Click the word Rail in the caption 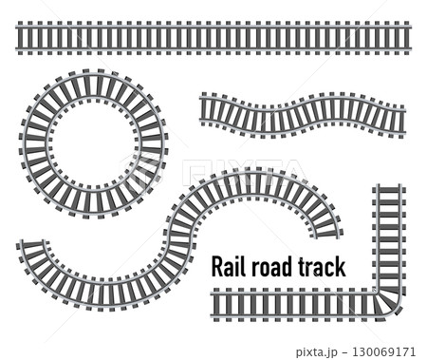[x=227, y=266]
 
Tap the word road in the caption [x=269, y=266]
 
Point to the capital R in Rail [x=216, y=266]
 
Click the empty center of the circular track [x=93, y=144]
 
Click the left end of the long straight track [x=19, y=39]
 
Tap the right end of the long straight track [x=406, y=39]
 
